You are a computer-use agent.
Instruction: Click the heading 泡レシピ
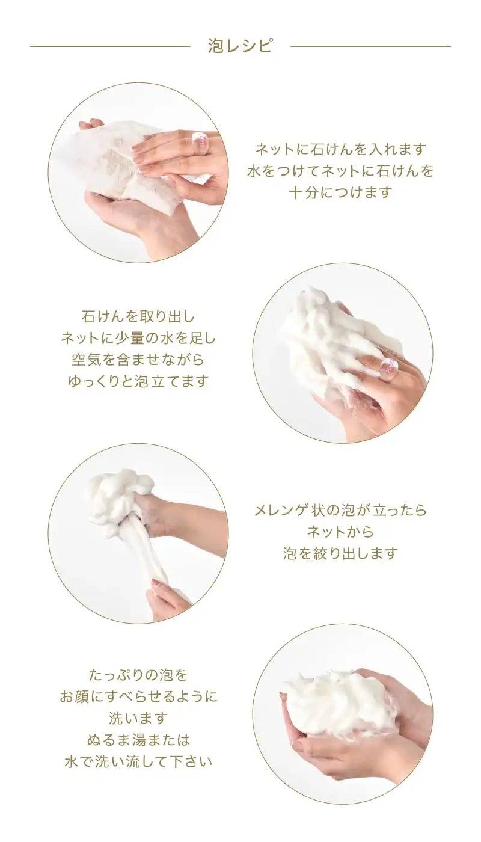pyautogui.click(x=240, y=46)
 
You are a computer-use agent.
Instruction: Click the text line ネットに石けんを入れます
pyautogui.click(x=340, y=149)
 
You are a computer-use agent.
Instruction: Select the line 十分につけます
pyautogui.click(x=340, y=192)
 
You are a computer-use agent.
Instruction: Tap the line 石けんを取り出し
pyautogui.click(x=138, y=316)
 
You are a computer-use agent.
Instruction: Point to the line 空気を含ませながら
pyautogui.click(x=138, y=360)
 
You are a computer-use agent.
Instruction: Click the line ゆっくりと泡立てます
pyautogui.click(x=138, y=381)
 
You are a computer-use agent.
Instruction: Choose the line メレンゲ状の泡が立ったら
pyautogui.click(x=340, y=510)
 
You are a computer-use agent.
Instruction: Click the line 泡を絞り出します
pyautogui.click(x=340, y=553)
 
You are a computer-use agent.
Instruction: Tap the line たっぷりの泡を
pyautogui.click(x=138, y=675)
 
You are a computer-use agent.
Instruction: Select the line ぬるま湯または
pyautogui.click(x=138, y=740)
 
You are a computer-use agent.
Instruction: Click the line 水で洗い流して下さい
pyautogui.click(x=138, y=761)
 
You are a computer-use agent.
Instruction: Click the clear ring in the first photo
pyautogui.click(x=200, y=143)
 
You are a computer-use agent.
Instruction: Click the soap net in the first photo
pyautogui.click(x=120, y=159)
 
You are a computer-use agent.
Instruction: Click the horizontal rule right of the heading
pyautogui.click(x=370, y=46)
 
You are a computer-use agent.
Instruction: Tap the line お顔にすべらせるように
pyautogui.click(x=138, y=696)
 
